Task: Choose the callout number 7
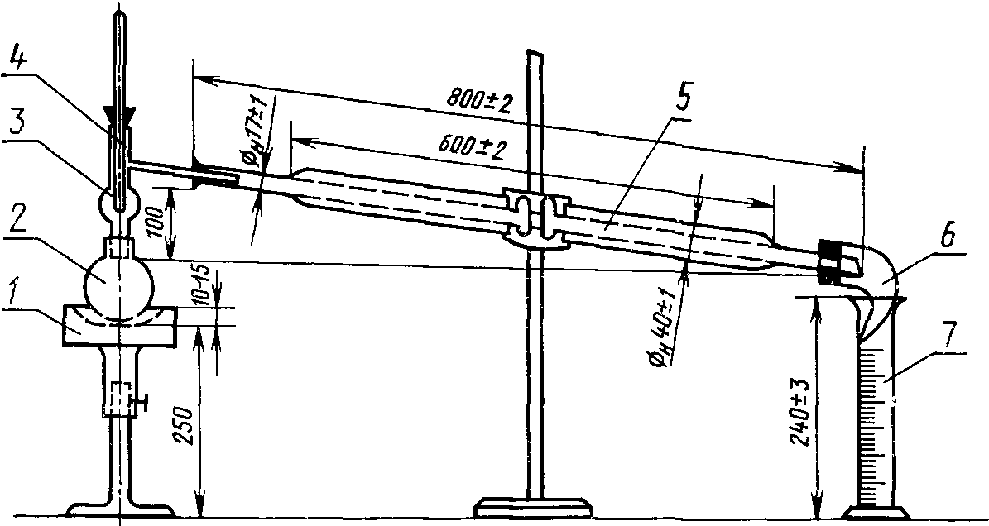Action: click(x=949, y=332)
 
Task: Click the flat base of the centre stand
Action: click(x=535, y=505)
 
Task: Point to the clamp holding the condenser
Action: click(x=536, y=219)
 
